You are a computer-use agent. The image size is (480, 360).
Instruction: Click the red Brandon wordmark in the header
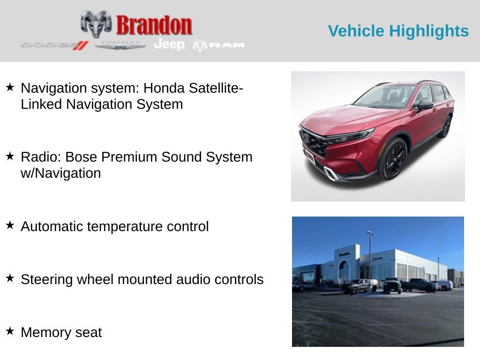point(154,25)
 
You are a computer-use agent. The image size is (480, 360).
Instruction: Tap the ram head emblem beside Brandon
point(96,23)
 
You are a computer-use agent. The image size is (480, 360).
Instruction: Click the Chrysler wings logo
point(120,45)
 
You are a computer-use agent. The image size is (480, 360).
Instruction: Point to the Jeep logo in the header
point(169,44)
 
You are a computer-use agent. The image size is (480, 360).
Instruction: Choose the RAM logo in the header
point(219,45)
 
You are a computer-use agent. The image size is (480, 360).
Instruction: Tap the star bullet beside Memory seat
point(10,331)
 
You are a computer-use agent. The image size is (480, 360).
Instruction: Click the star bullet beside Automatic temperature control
point(10,225)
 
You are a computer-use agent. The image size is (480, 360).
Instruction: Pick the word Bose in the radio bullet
point(114,157)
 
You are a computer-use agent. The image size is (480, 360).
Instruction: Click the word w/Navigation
point(61,173)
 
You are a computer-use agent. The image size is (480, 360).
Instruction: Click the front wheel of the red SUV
point(392,159)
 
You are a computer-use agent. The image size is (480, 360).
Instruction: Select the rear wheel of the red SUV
point(446,127)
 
